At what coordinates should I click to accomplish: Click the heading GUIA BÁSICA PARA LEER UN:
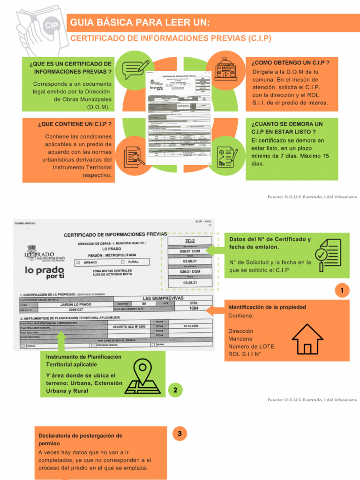[140, 22]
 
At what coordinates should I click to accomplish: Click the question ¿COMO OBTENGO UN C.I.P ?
[290, 62]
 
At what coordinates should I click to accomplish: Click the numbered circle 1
[343, 291]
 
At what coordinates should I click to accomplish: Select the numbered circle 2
[175, 390]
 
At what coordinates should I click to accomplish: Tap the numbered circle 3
[180, 434]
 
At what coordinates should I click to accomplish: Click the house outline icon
[307, 339]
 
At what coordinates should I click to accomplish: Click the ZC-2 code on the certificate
[190, 240]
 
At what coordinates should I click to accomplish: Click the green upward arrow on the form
[61, 340]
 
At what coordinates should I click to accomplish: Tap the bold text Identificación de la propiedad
[267, 307]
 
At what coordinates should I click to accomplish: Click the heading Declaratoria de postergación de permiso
[80, 439]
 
